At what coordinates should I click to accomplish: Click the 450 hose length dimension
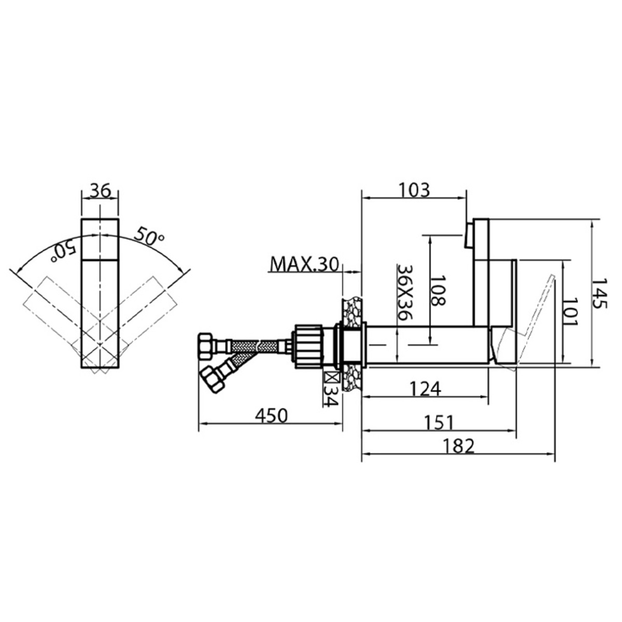(270, 416)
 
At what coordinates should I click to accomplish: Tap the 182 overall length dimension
(459, 446)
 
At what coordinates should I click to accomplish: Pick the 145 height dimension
(600, 294)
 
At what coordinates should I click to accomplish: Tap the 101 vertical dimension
(571, 312)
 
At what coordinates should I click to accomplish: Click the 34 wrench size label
(331, 396)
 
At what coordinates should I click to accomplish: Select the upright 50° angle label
(149, 238)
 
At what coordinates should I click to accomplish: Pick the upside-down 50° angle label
(64, 250)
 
